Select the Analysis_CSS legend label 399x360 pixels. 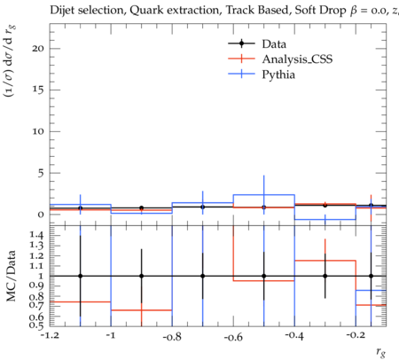click(297, 59)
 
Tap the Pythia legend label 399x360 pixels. click(278, 74)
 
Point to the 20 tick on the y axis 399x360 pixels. click(38, 49)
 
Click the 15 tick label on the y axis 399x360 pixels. click(38, 90)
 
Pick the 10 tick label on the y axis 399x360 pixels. click(38, 131)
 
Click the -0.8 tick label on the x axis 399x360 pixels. click(172, 337)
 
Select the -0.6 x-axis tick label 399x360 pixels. click(233, 337)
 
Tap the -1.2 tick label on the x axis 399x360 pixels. click(50, 336)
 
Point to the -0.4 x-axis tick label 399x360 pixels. click(294, 336)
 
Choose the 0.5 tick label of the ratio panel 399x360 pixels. click(36, 325)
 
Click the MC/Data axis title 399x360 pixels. click(11, 276)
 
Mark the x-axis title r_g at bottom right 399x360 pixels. click(381, 352)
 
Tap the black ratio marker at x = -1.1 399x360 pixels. click(80, 276)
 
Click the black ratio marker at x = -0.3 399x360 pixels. click(325, 276)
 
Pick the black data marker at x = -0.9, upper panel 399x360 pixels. click(142, 208)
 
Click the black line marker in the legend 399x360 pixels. click(241, 43)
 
